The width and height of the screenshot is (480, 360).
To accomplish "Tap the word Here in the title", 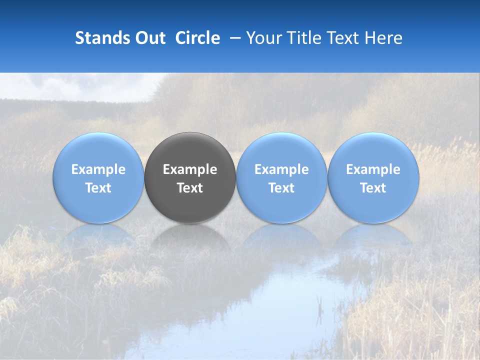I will pyautogui.click(x=385, y=38).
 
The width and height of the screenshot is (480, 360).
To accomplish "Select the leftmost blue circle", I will pyautogui.click(x=98, y=150).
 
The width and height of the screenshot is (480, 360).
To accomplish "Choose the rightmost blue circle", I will pyautogui.click(x=373, y=150).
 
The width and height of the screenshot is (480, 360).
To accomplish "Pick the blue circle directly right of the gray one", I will pyautogui.click(x=281, y=150).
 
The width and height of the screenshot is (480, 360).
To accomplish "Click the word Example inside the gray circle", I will pyautogui.click(x=190, y=170).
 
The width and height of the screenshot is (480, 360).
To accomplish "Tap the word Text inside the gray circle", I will pyautogui.click(x=190, y=188).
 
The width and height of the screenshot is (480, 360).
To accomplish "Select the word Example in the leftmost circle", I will pyautogui.click(x=98, y=170).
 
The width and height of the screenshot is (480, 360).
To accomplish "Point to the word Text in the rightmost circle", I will pyautogui.click(x=373, y=188).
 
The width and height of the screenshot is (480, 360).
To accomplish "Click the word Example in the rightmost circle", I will pyautogui.click(x=373, y=170).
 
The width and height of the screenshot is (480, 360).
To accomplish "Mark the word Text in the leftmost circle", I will pyautogui.click(x=98, y=188).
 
